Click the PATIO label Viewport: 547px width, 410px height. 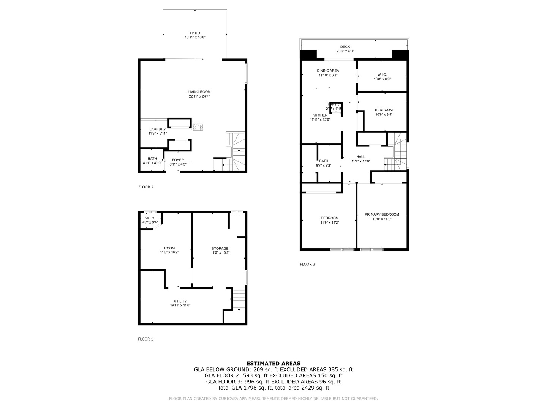195,33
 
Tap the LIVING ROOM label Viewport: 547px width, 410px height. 199,92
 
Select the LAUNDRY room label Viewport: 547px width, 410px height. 157,129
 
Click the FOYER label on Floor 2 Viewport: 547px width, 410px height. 178,160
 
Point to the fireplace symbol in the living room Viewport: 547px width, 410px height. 198,127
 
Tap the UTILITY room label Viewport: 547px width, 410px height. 180,301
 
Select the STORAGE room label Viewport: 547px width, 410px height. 220,248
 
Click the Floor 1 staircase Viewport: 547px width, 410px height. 238,299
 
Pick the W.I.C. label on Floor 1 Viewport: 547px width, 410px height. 150,218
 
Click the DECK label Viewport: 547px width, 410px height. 345,47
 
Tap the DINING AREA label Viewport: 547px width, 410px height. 328,71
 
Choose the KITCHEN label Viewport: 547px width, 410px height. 320,115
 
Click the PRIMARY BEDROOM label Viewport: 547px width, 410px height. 382,214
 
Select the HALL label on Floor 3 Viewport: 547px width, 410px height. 360,156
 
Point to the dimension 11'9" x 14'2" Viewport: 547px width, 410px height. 329,222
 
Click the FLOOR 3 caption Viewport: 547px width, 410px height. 307,264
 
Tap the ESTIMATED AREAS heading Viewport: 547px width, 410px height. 273,363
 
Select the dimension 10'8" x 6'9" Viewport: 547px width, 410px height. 382,79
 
